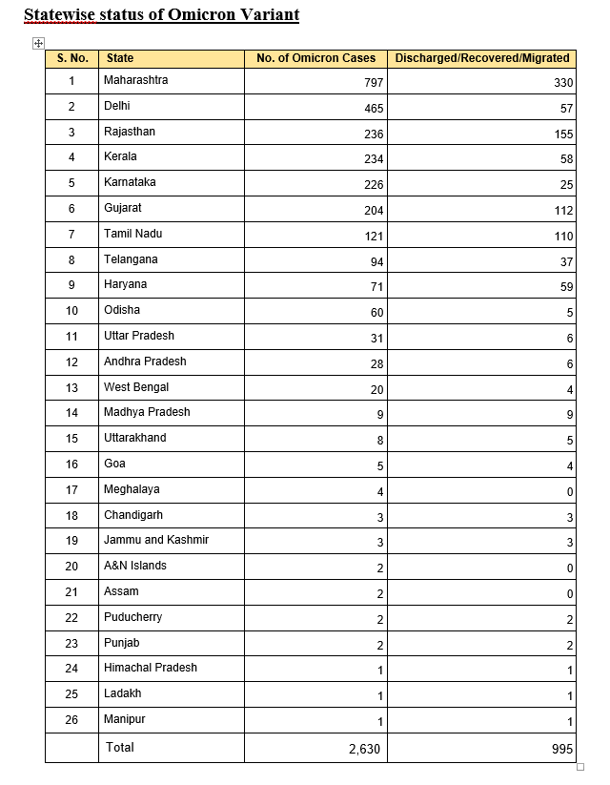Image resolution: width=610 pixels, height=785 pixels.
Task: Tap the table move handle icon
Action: point(38,43)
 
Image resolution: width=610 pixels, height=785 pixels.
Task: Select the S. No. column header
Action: point(71,58)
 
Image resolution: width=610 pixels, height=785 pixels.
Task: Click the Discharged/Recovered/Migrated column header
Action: point(482,58)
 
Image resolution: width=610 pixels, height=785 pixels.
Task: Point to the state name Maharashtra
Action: point(135,80)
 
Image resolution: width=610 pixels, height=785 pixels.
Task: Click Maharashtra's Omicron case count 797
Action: point(374,83)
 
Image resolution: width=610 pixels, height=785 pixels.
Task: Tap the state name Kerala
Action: point(120,156)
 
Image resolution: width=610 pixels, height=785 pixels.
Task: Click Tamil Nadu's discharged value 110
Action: point(563,236)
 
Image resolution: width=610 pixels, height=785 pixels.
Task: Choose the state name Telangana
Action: point(131,259)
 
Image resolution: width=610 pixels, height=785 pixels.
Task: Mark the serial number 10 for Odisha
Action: point(71,311)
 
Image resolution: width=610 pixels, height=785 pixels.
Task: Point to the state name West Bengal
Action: point(136,387)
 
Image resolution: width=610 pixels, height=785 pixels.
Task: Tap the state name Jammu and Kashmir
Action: point(156,540)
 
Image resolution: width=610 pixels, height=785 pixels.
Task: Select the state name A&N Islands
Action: point(134,566)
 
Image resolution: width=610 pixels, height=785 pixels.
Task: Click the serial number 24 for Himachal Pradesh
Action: point(71,668)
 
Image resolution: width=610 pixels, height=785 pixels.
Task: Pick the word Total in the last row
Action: point(120,746)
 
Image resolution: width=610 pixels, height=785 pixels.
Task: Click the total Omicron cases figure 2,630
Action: point(364,750)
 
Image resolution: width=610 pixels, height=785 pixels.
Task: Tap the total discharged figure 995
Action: point(562,750)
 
